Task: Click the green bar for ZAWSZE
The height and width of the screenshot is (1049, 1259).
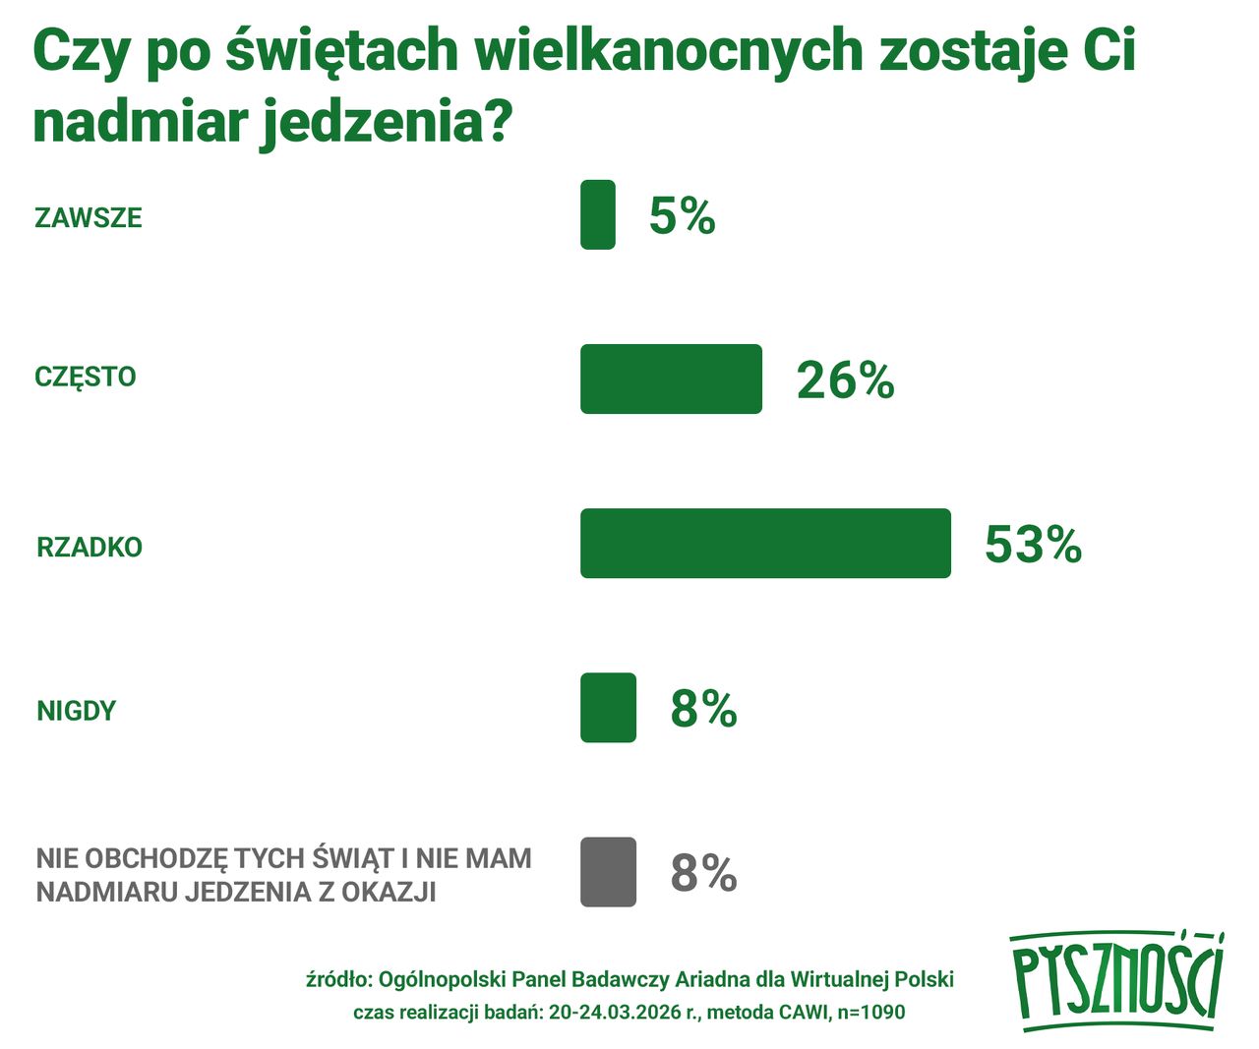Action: coord(597,214)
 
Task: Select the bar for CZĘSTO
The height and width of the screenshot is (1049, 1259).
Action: coord(671,379)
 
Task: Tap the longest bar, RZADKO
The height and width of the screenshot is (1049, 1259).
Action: coord(765,543)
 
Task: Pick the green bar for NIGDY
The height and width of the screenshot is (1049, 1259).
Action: coord(608,707)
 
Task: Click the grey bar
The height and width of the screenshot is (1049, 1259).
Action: coord(608,871)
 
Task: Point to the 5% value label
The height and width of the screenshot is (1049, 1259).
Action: coord(682,215)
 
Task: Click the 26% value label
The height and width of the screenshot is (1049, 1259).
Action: coord(845,379)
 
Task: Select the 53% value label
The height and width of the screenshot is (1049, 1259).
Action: coord(1033,544)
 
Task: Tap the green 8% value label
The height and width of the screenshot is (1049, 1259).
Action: coord(703,708)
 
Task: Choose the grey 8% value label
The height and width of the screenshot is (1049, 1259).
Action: coord(703,872)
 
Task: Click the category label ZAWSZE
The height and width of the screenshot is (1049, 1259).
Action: coord(89,217)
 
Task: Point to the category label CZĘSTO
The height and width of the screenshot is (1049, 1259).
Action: coord(86,377)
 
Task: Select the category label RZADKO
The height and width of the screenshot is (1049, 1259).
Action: coord(90,547)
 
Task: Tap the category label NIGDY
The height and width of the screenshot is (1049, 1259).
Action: coord(77,710)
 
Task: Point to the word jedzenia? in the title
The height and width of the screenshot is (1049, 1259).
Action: coord(386,123)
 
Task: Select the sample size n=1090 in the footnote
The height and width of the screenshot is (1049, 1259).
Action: coord(871,1012)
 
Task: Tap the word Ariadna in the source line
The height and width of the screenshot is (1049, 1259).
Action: coord(712,979)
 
